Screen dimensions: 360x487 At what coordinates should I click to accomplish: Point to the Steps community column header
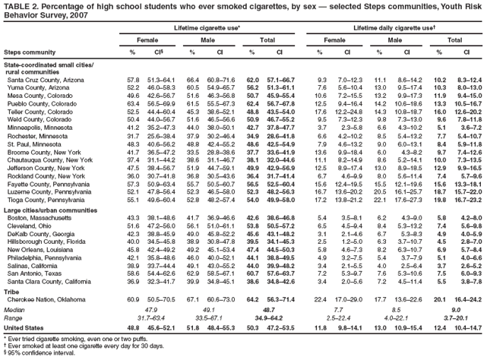pos(26,52)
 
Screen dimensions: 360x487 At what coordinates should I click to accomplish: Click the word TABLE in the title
pos(17,6)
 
